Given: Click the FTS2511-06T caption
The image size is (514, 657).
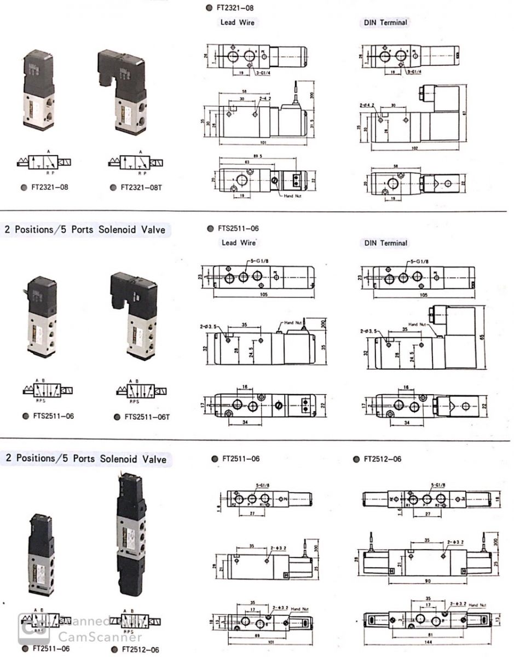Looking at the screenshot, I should [146, 417].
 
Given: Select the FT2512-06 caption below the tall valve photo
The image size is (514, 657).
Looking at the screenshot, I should [140, 649].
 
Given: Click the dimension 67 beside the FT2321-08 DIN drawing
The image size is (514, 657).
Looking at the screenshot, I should [477, 112].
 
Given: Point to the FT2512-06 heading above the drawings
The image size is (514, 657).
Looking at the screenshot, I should [382, 459].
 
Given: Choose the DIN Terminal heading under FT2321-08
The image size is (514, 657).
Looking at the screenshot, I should [385, 22].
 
